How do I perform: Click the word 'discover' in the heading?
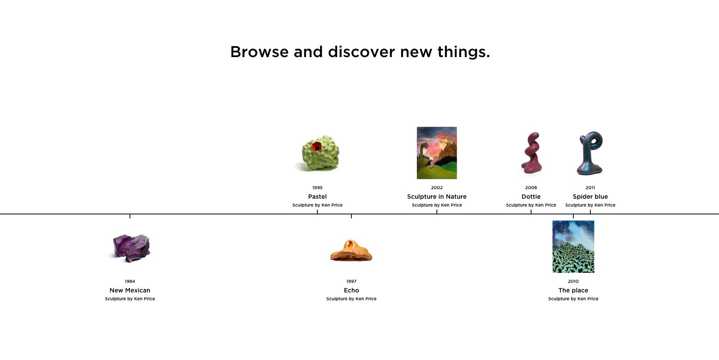[x=361, y=52]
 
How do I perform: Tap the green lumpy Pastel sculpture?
[x=320, y=153]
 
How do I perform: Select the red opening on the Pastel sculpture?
[x=317, y=146]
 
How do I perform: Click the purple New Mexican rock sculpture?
[x=132, y=248]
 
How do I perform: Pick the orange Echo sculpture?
[x=351, y=250]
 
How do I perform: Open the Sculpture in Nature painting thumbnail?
[x=436, y=153]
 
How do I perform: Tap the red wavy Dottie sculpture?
[x=532, y=153]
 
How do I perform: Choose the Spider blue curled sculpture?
[x=590, y=153]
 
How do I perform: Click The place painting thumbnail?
[x=573, y=246]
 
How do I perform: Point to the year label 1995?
[x=317, y=188]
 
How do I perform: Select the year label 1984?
[x=129, y=282]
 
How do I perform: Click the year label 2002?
[x=436, y=188]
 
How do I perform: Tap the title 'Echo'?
[x=351, y=290]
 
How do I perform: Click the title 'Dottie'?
[x=531, y=197]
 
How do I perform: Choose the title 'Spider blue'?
[x=590, y=197]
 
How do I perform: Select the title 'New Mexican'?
[x=129, y=290]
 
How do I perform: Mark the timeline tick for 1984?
[x=129, y=216]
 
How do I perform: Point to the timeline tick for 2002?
[x=436, y=212]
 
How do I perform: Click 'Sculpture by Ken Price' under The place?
[x=573, y=299]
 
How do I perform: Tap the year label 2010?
[x=573, y=282]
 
